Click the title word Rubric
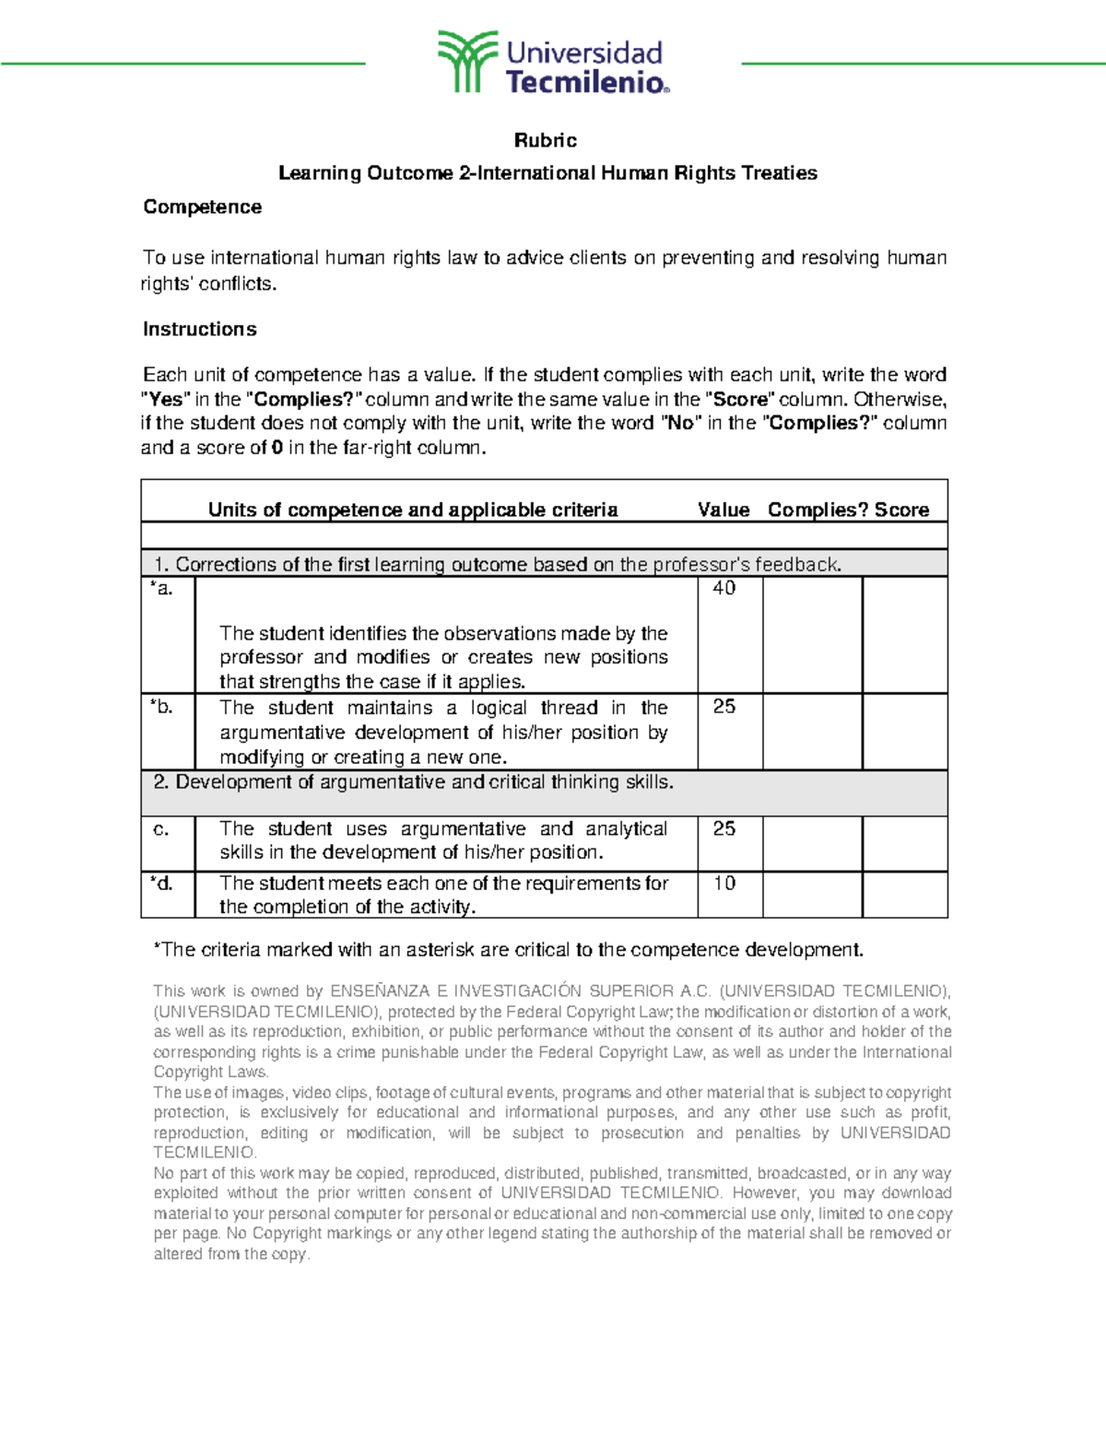coord(546,140)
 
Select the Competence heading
coord(202,207)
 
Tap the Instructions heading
coord(199,329)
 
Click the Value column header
coord(724,510)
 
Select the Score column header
coord(901,510)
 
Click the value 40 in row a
coord(724,588)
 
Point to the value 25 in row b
coord(724,707)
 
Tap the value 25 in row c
coord(724,828)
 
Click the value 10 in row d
coord(724,883)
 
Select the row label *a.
coord(161,588)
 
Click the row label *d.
coord(161,883)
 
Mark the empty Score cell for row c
coord(904,843)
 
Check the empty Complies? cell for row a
coord(812,635)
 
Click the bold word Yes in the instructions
coord(166,400)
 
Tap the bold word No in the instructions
coord(680,424)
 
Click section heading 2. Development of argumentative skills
coord(414,782)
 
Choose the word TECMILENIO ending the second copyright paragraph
coord(204,1153)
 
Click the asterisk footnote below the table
coord(508,950)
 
